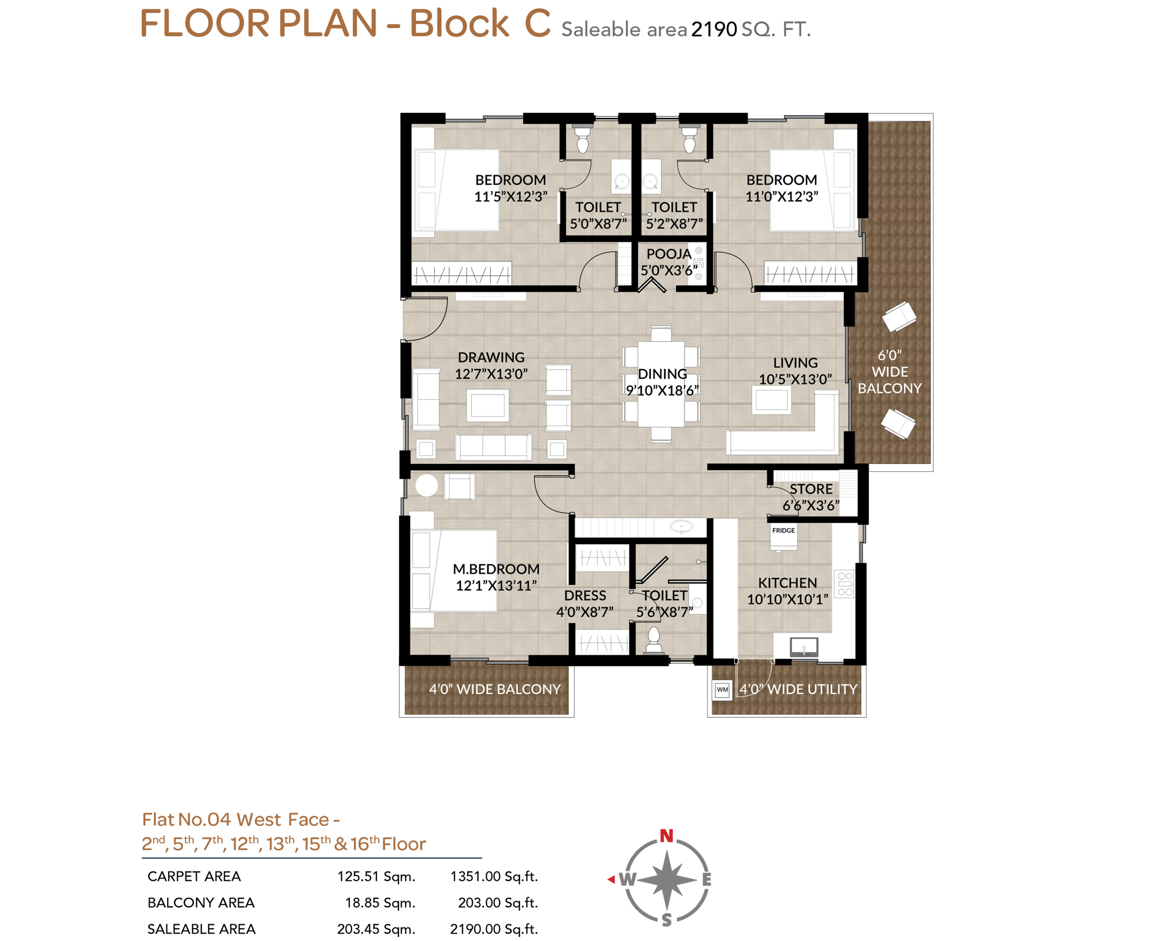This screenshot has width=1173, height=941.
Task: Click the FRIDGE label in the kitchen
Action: pyautogui.click(x=783, y=530)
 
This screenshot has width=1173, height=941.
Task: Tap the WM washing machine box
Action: pyautogui.click(x=722, y=689)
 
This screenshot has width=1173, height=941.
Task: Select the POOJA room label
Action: pyautogui.click(x=669, y=254)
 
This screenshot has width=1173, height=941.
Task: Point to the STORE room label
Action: pyautogui.click(x=811, y=489)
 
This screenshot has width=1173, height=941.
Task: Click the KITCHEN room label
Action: pyautogui.click(x=787, y=583)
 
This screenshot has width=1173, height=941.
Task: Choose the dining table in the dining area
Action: pyautogui.click(x=661, y=384)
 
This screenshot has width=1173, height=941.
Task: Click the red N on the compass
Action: pyautogui.click(x=667, y=836)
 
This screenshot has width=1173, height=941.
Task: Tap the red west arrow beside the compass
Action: pyautogui.click(x=611, y=879)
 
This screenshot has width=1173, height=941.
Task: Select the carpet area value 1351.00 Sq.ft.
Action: pyautogui.click(x=494, y=876)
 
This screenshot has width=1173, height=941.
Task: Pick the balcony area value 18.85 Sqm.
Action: pyautogui.click(x=380, y=903)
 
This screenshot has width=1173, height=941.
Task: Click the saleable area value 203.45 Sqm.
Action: pyautogui.click(x=376, y=929)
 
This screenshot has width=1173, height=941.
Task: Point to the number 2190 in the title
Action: pyautogui.click(x=714, y=29)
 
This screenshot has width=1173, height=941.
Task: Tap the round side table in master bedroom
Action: pyautogui.click(x=427, y=485)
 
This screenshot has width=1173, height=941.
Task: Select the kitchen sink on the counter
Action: pyautogui.click(x=804, y=647)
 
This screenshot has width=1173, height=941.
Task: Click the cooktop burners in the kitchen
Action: pyautogui.click(x=845, y=584)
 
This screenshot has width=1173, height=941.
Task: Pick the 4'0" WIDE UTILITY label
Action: pyautogui.click(x=798, y=689)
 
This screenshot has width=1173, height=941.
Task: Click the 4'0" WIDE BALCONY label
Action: pyautogui.click(x=495, y=689)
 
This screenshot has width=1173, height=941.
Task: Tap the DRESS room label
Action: pyautogui.click(x=585, y=596)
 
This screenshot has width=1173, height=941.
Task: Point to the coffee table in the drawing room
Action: pyautogui.click(x=488, y=405)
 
